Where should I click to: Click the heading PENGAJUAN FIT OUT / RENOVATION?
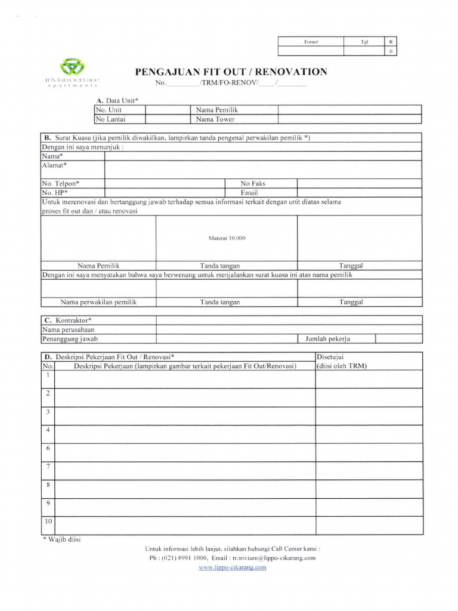click(x=232, y=72)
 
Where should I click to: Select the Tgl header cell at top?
click(x=364, y=42)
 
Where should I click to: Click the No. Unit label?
click(x=108, y=110)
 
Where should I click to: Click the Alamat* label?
click(x=54, y=165)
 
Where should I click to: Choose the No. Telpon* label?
click(x=60, y=184)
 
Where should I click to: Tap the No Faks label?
click(x=253, y=184)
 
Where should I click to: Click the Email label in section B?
click(x=249, y=193)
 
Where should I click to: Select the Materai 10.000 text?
click(x=227, y=238)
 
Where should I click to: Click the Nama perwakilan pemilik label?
click(x=98, y=303)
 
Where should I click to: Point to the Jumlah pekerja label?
click(x=327, y=339)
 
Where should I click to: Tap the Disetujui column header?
click(x=329, y=357)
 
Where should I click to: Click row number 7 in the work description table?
click(x=48, y=466)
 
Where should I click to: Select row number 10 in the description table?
click(x=48, y=521)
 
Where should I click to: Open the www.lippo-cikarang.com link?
click(x=232, y=567)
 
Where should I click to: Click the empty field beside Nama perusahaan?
click(x=289, y=329)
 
